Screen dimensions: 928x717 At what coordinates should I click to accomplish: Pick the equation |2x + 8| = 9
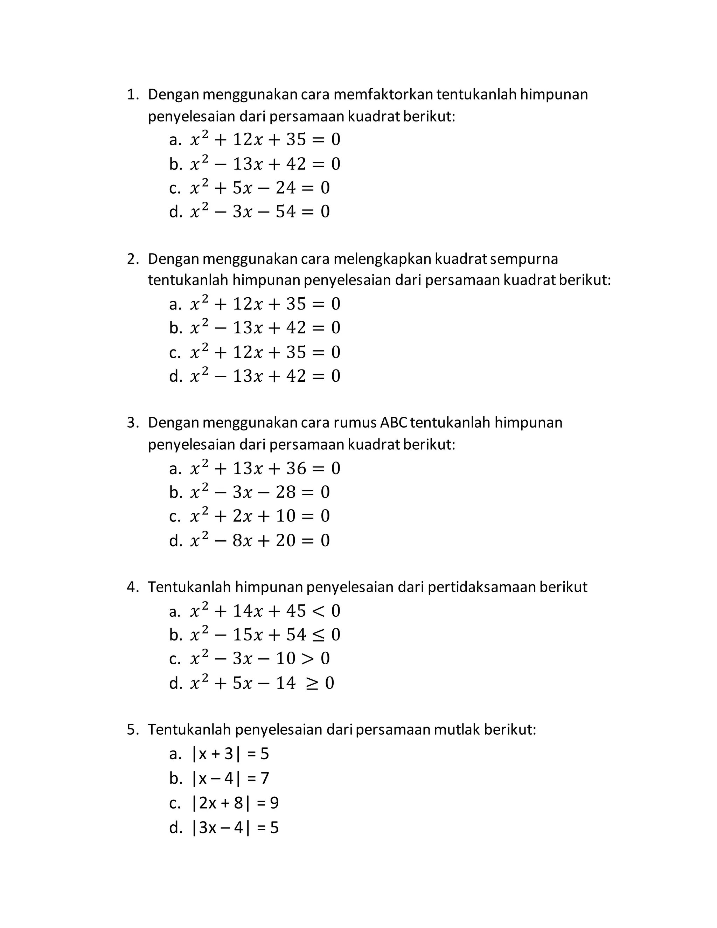pos(235,803)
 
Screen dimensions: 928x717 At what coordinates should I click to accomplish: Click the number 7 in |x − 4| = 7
pos(264,778)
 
